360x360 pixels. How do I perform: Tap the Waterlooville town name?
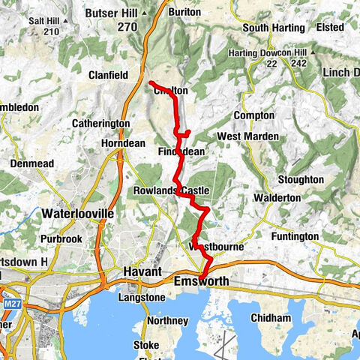77,214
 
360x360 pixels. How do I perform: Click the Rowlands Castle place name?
171,191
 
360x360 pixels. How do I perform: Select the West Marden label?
247,136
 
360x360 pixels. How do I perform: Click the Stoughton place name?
300,180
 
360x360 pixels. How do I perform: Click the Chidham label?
271,318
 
